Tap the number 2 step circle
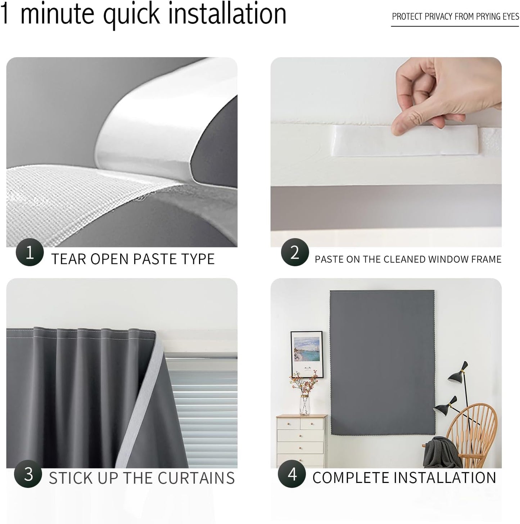click(295, 252)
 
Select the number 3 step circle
click(28, 474)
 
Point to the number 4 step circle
click(292, 474)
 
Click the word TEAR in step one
click(68, 259)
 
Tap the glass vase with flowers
click(304, 403)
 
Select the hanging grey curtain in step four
click(382, 360)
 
